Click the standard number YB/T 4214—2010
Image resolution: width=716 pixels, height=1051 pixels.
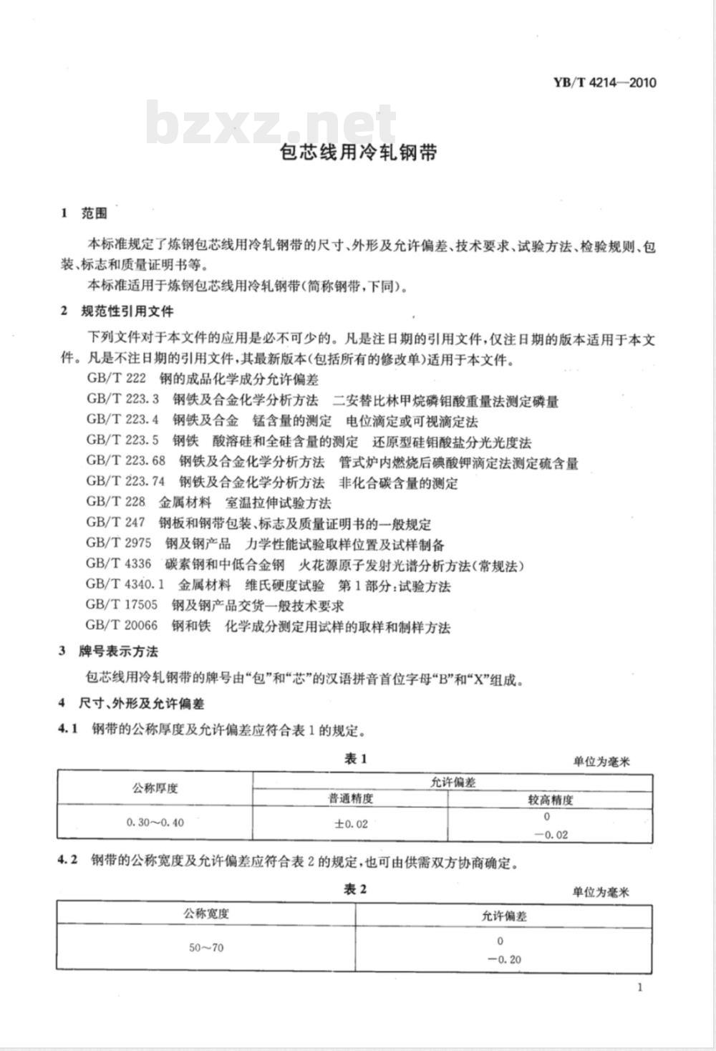(x=604, y=82)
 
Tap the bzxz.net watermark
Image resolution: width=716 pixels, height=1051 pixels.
(x=271, y=125)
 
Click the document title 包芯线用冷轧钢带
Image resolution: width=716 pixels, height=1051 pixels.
(x=358, y=152)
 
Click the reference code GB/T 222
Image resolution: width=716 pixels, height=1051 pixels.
(x=116, y=379)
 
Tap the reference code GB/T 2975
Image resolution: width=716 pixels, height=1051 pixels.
(x=119, y=543)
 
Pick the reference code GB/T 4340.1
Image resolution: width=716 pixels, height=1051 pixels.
(x=125, y=584)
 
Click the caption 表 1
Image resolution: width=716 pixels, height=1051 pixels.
(x=356, y=759)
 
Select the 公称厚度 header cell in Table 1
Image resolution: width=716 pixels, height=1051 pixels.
(x=155, y=788)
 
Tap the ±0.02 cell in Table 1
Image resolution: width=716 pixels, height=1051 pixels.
(x=351, y=823)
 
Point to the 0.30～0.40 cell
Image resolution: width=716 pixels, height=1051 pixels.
(x=155, y=823)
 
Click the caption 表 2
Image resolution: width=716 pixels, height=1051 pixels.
(x=356, y=889)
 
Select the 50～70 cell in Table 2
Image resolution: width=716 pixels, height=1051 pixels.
(x=206, y=947)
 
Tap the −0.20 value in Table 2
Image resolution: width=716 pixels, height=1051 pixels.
(x=504, y=959)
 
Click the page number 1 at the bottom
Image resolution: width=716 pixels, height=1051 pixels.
(x=639, y=988)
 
